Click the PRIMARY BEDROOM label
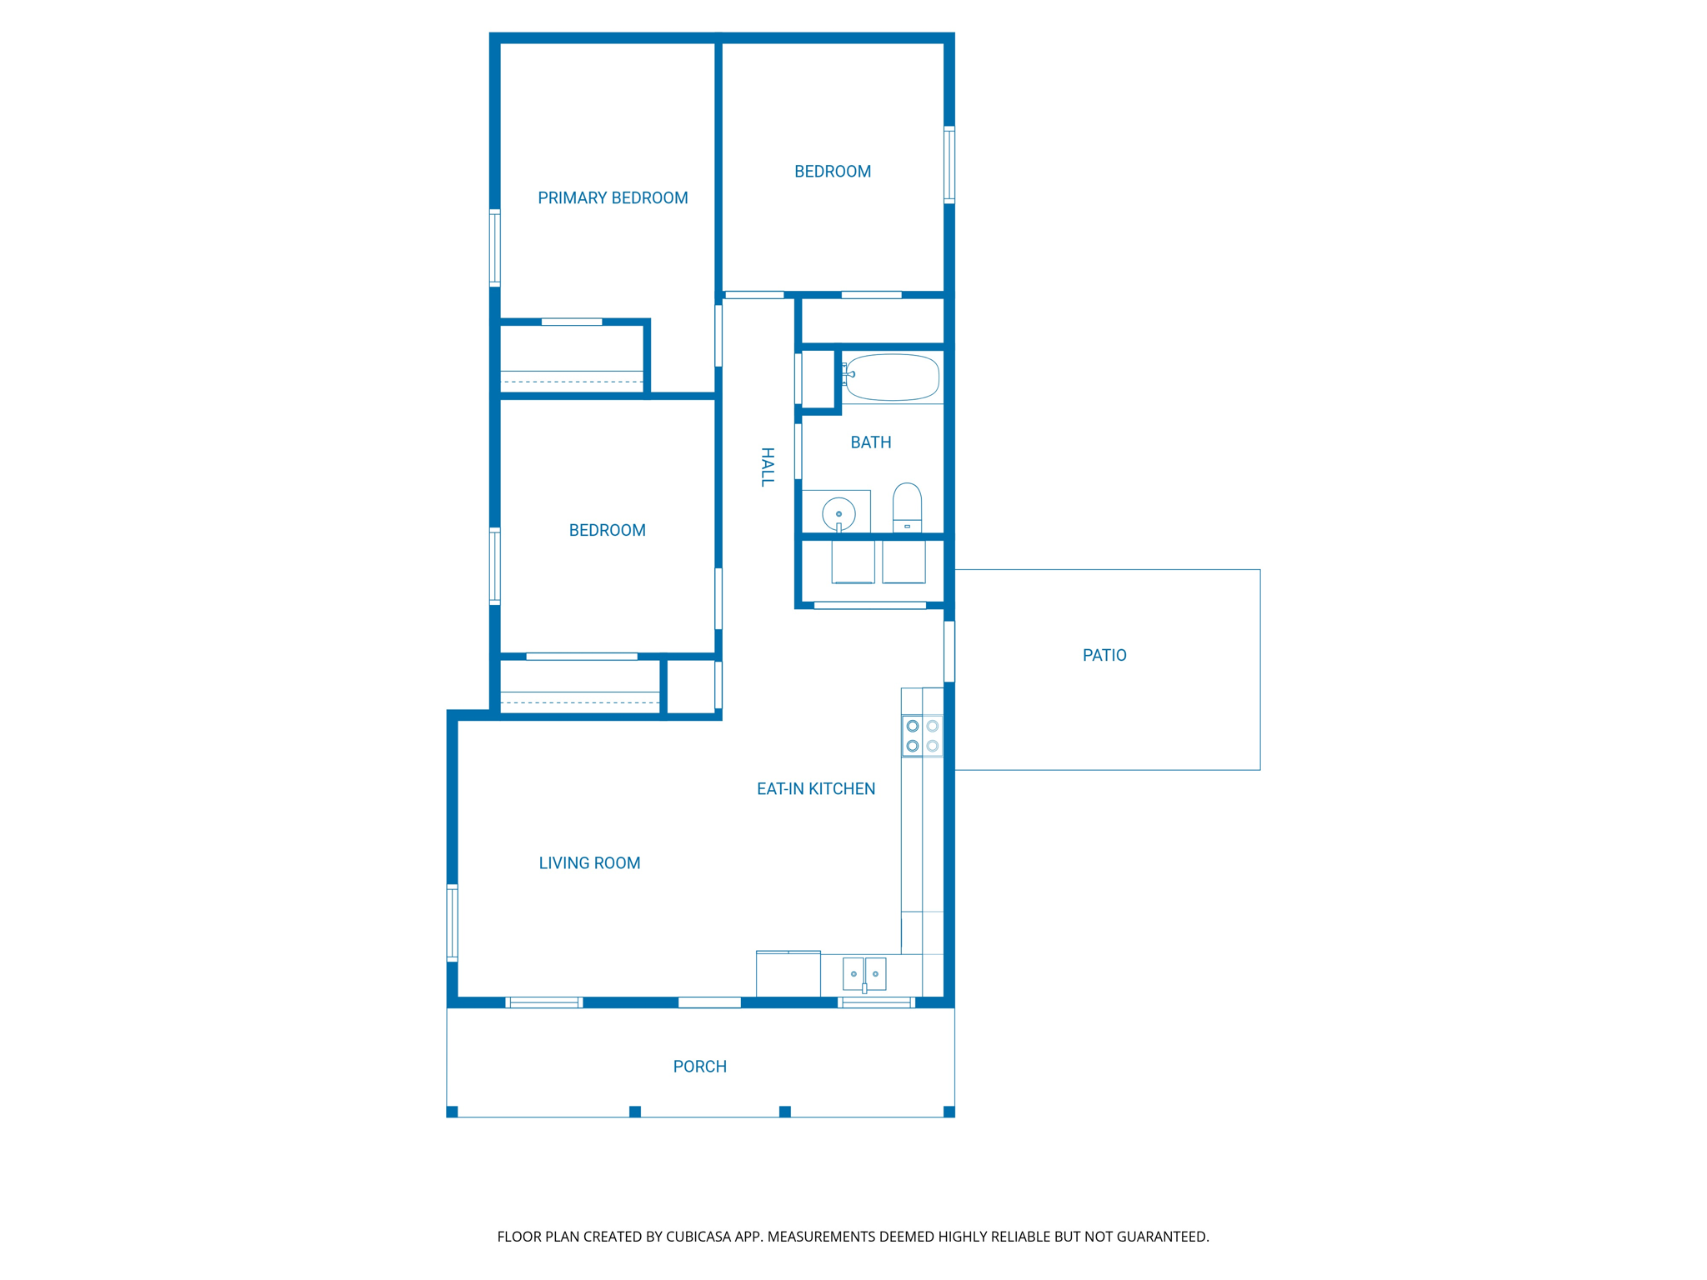[x=613, y=198]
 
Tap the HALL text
[x=768, y=467]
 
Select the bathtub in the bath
[x=893, y=377]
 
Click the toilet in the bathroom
[x=907, y=505]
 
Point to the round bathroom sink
[x=838, y=513]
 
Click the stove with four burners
[x=922, y=736]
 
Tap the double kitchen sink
[x=864, y=973]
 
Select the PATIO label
[x=1104, y=656]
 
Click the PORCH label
[x=699, y=1067]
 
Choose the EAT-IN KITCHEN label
[x=815, y=789]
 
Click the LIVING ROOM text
[x=589, y=863]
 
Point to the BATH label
[x=870, y=442]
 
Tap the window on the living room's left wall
[x=453, y=922]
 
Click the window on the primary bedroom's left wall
[x=494, y=247]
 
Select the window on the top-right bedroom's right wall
[x=949, y=164]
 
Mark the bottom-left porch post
[x=453, y=1112]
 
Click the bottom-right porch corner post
[x=949, y=1112]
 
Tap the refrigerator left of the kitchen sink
[x=788, y=973]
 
